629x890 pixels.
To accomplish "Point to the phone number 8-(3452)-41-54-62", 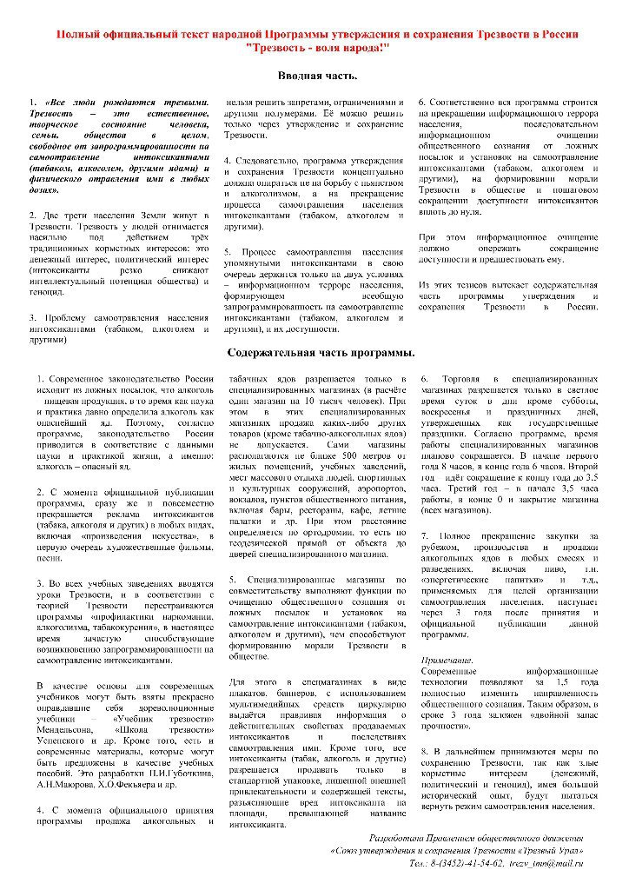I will pos(467,864).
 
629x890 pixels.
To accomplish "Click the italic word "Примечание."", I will pos(446,660).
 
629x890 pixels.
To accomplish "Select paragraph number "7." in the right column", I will pos(426,535).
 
